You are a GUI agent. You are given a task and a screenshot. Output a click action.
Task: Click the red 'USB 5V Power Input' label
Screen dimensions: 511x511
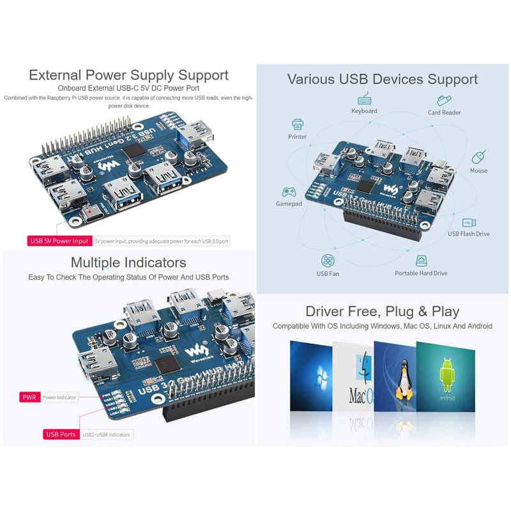point(59,241)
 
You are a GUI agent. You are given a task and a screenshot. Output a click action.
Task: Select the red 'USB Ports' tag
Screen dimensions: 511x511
point(61,434)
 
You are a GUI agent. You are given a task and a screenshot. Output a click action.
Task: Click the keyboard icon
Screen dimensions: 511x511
point(365,99)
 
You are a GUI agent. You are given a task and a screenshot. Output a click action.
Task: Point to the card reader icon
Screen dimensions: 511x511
point(445,100)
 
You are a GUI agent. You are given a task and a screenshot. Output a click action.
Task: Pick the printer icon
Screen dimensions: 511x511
point(297,124)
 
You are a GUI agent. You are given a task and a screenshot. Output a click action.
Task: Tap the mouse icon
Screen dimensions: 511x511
point(478,157)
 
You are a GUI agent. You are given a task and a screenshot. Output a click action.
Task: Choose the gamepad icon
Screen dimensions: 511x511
point(288,192)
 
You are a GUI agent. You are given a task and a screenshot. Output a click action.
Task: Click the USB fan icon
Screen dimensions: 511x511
point(328,261)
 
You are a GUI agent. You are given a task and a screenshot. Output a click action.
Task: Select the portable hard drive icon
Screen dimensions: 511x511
point(421,261)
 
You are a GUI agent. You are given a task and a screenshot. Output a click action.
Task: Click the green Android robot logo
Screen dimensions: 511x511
point(446,370)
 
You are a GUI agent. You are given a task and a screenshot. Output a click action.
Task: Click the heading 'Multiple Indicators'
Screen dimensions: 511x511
point(128,263)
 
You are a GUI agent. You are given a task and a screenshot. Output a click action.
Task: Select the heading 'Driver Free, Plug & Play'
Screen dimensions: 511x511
point(382,312)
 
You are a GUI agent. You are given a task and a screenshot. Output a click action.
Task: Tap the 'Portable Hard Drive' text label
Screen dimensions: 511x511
point(421,273)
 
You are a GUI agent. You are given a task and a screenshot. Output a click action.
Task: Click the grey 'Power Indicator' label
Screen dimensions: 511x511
point(59,397)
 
